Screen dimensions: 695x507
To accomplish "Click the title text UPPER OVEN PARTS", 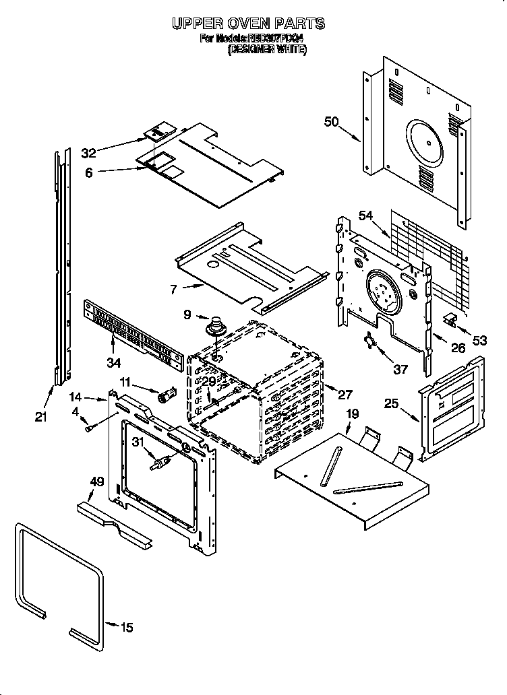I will pyautogui.click(x=248, y=24).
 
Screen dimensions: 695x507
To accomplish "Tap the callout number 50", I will pyautogui.click(x=331, y=121).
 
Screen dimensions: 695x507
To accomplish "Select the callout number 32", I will pyautogui.click(x=89, y=153).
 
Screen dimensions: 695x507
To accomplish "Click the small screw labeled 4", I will pyautogui.click(x=89, y=426).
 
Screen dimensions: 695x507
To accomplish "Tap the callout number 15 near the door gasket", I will pyautogui.click(x=127, y=628).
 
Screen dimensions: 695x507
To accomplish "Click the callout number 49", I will pyautogui.click(x=96, y=481).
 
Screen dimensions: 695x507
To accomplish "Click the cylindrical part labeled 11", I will pyautogui.click(x=166, y=395).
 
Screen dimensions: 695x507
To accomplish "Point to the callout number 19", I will pyautogui.click(x=352, y=414).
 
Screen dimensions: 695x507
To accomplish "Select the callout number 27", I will pyautogui.click(x=345, y=395).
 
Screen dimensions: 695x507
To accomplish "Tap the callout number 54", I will pyautogui.click(x=365, y=215).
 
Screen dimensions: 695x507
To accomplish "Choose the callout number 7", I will pyautogui.click(x=174, y=289).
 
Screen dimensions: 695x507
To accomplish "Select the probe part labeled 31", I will pyautogui.click(x=158, y=464).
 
